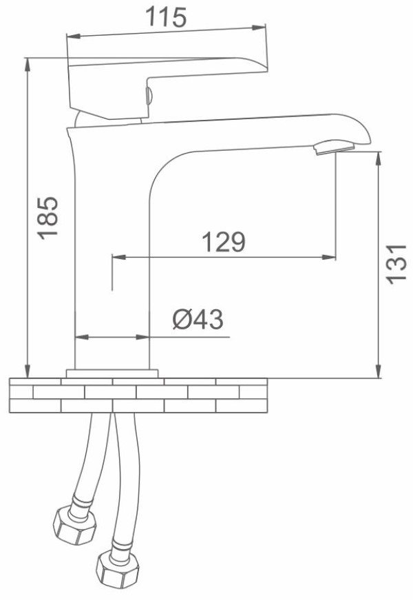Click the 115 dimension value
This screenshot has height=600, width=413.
tap(166, 18)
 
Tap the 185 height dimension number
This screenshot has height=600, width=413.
tap(49, 218)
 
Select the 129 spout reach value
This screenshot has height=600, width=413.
tap(223, 242)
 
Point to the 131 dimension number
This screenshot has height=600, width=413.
tap(396, 264)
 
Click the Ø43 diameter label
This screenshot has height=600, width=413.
tap(198, 319)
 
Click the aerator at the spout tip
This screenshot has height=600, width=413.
tap(334, 147)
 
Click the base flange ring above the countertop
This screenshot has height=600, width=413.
tap(112, 373)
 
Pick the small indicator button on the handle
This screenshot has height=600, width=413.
tap(149, 95)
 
